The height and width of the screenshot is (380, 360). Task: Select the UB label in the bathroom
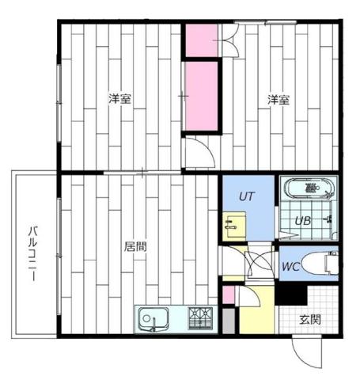(x=302, y=222)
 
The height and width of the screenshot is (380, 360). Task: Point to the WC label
(x=290, y=267)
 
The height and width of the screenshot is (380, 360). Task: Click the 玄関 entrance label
(x=310, y=320)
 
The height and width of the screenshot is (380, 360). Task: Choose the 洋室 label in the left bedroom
(x=120, y=100)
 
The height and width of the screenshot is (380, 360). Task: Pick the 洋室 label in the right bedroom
(x=278, y=100)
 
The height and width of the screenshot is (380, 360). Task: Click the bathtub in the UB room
(x=311, y=190)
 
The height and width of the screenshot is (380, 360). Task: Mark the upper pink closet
(x=202, y=40)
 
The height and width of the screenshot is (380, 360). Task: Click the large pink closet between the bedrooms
(x=202, y=95)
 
